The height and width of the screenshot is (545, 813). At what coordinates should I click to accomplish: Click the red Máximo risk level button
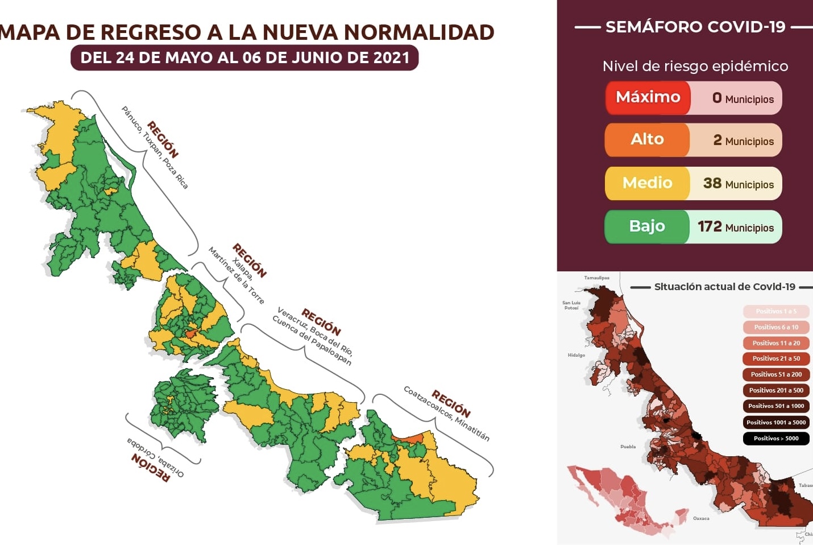pos(648,97)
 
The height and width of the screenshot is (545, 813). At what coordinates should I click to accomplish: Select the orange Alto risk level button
pos(647,140)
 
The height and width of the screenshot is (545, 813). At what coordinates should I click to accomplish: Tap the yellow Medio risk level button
pos(647,183)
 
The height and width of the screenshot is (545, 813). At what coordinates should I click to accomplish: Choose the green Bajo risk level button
pos(647,226)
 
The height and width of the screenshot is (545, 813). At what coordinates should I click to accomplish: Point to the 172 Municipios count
pos(736,227)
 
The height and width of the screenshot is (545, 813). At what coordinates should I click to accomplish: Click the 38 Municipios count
pos(738,184)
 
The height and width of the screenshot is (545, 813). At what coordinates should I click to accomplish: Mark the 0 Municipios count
pos(743,98)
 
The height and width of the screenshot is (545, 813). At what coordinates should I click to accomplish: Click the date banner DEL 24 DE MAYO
pos(244,58)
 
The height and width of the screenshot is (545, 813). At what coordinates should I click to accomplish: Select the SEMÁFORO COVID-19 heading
pos(695,27)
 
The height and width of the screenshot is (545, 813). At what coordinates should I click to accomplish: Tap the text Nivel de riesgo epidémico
pos(695,67)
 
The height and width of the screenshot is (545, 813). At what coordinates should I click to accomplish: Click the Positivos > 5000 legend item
pos(776,439)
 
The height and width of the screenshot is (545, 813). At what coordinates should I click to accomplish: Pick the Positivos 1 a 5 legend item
pos(776,311)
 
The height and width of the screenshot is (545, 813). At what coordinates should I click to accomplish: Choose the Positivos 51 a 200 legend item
pos(776,374)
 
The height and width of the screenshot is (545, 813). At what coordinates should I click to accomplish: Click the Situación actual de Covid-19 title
pos(724,287)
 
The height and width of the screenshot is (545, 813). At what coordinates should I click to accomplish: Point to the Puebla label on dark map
pos(628,447)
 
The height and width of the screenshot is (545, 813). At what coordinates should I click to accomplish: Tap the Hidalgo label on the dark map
pos(576,355)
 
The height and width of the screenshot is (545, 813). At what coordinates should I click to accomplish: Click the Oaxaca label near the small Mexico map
pos(701,518)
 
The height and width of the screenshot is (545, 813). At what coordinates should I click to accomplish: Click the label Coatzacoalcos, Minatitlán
pos(446,414)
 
